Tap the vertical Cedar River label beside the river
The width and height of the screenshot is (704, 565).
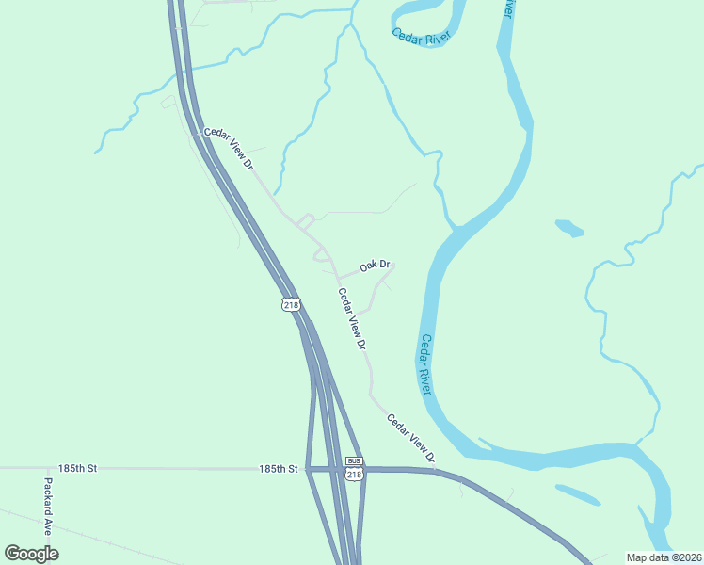point(425,364)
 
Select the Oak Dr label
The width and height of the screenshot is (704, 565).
point(375,266)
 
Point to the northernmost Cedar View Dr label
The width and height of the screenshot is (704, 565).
point(229,149)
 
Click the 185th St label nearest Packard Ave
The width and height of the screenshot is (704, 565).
point(77,468)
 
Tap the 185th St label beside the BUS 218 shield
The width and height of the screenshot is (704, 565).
point(279,468)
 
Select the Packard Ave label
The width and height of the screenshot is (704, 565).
point(47,507)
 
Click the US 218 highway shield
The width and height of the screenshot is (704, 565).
point(291,304)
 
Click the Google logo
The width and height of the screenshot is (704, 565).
point(31,554)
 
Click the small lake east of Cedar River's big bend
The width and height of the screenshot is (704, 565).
point(569,227)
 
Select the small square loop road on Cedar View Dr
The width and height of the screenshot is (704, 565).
point(305,223)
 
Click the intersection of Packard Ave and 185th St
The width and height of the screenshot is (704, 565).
point(47,468)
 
